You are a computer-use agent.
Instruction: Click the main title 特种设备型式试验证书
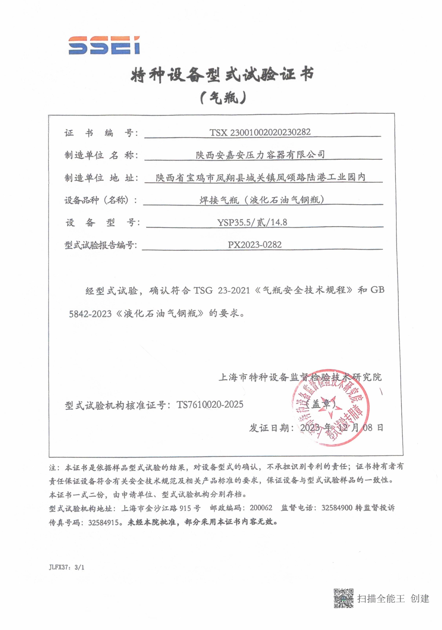pyautogui.click(x=222, y=75)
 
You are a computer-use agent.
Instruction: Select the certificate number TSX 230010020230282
pyautogui.click(x=260, y=132)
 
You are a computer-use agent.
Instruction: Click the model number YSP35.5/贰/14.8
pyautogui.click(x=252, y=222)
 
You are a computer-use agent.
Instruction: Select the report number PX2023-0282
pyautogui.click(x=255, y=245)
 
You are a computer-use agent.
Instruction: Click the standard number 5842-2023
pyautogui.click(x=90, y=314)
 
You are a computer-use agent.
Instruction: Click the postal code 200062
pyautogui.click(x=261, y=508)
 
